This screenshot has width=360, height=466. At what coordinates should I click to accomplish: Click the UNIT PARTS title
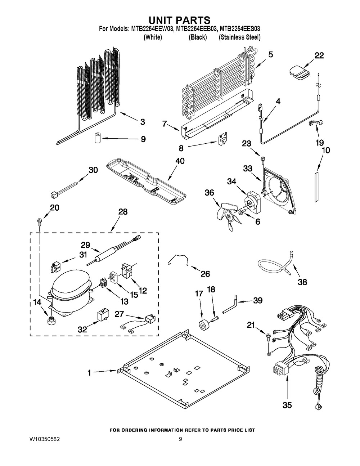[x=180, y=20]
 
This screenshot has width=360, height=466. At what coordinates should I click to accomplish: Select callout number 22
[x=319, y=55]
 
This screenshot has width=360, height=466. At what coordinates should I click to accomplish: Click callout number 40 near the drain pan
[x=180, y=161]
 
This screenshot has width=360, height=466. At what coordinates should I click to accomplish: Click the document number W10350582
[x=45, y=440]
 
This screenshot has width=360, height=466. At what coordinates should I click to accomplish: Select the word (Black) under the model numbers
[x=198, y=37]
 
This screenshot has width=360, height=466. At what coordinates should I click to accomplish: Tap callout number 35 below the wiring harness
[x=287, y=405]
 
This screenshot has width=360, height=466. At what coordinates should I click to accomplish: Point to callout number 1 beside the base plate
[x=89, y=373]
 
